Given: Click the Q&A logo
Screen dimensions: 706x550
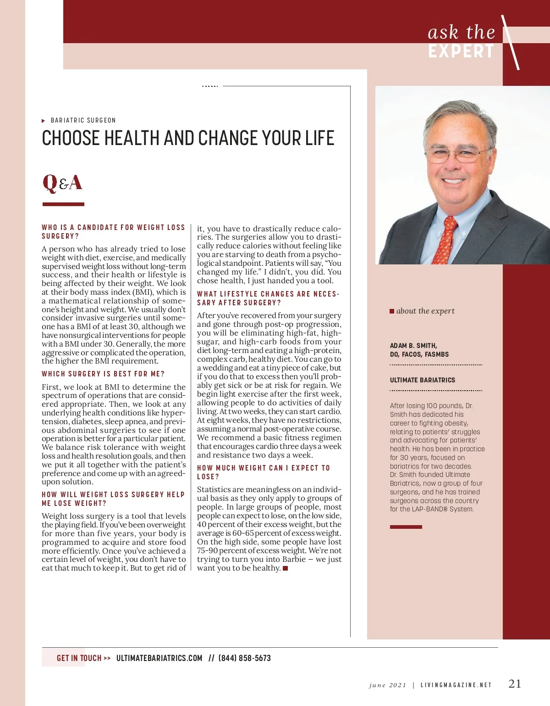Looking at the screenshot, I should click(x=62, y=183).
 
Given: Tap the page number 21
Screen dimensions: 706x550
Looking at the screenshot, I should click(x=515, y=684).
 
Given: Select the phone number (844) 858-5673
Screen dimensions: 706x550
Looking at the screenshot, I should click(x=244, y=658).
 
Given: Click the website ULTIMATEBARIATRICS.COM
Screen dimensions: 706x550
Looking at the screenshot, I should click(x=159, y=658).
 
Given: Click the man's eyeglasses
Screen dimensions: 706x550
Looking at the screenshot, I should click(x=454, y=155).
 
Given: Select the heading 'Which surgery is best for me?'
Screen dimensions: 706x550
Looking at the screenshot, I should click(x=103, y=374).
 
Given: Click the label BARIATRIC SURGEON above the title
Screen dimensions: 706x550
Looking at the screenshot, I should click(x=83, y=120).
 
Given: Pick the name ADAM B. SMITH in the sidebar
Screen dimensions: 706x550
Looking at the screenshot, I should click(x=413, y=346).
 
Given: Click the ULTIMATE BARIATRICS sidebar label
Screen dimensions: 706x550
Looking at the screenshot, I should click(x=422, y=380).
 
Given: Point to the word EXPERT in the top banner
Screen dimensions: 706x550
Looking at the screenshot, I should click(x=461, y=51).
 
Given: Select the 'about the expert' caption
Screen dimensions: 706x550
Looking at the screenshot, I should click(x=425, y=311).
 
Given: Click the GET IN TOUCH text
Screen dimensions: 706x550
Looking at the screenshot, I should click(x=79, y=658).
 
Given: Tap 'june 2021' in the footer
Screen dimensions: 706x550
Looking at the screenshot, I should click(x=387, y=685).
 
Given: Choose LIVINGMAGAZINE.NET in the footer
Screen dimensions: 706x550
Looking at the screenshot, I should click(x=456, y=685).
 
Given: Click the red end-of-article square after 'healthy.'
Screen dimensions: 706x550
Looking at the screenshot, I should click(x=286, y=568).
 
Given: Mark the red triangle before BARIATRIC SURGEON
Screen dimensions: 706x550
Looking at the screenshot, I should click(x=44, y=121).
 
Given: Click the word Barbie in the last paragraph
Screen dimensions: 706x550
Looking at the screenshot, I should click(x=294, y=559).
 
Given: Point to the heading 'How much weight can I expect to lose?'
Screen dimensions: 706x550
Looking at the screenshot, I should click(x=263, y=472).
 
